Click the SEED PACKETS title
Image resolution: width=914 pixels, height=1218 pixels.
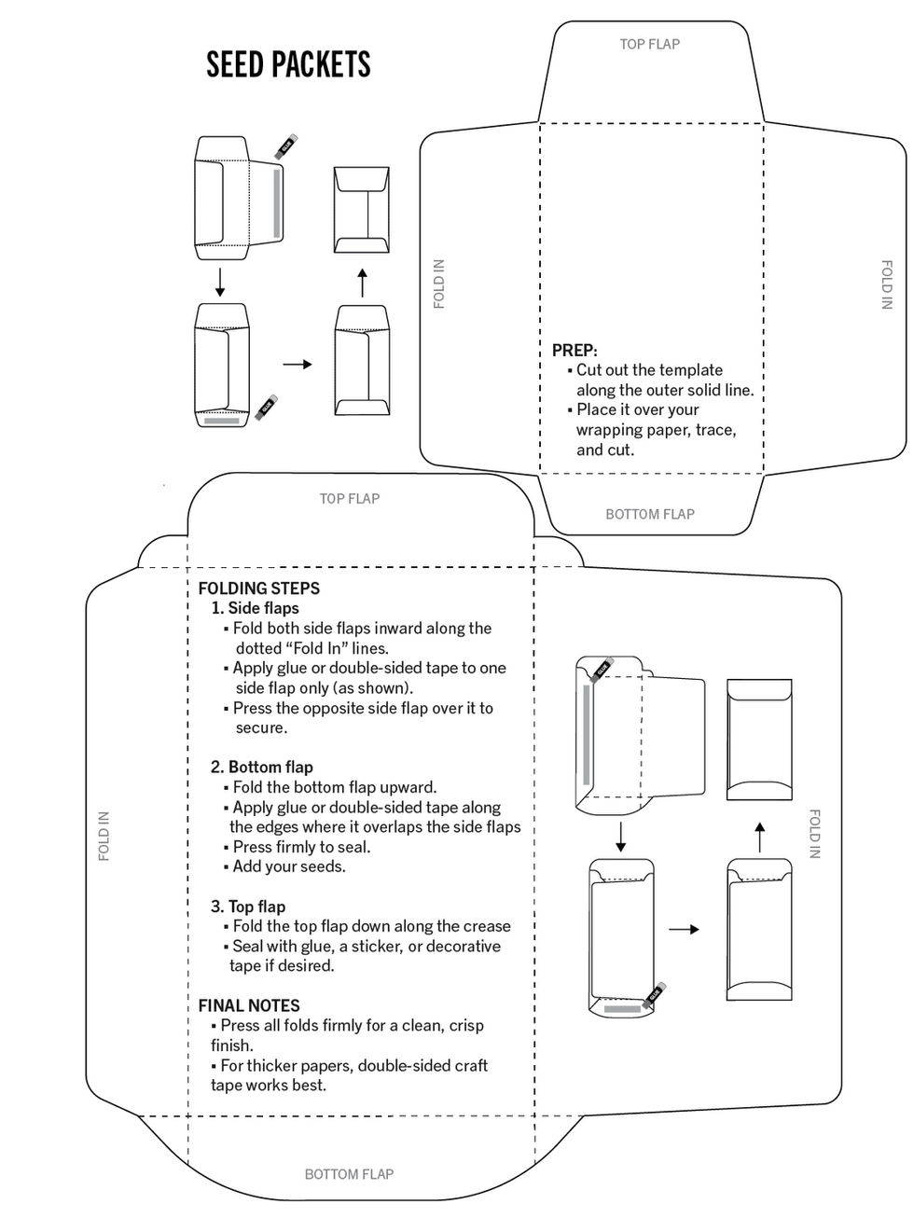[x=288, y=64]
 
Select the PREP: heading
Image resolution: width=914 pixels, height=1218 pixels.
[x=575, y=350]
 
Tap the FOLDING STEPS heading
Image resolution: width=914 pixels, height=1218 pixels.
[x=258, y=588]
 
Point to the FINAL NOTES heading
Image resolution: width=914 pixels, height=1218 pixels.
[x=249, y=1005]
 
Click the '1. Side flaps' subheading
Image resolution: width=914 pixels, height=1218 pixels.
[x=255, y=608]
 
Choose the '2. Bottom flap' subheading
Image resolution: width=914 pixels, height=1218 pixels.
[x=261, y=767]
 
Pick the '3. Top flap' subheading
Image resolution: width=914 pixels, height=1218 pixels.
[x=248, y=907]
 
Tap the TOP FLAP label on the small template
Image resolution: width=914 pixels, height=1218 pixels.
[x=649, y=44]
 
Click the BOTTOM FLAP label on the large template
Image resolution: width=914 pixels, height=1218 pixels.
[x=349, y=1174]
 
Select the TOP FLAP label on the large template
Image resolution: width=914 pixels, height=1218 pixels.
[x=349, y=499]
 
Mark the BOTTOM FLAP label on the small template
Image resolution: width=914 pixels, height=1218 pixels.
[x=649, y=514]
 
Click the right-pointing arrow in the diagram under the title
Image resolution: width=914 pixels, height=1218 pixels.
[x=297, y=364]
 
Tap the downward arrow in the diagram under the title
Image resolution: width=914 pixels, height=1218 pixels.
[x=220, y=282]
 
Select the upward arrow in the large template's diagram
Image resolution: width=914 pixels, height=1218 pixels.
[x=759, y=837]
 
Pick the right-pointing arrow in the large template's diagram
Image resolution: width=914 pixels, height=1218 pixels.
[x=683, y=929]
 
